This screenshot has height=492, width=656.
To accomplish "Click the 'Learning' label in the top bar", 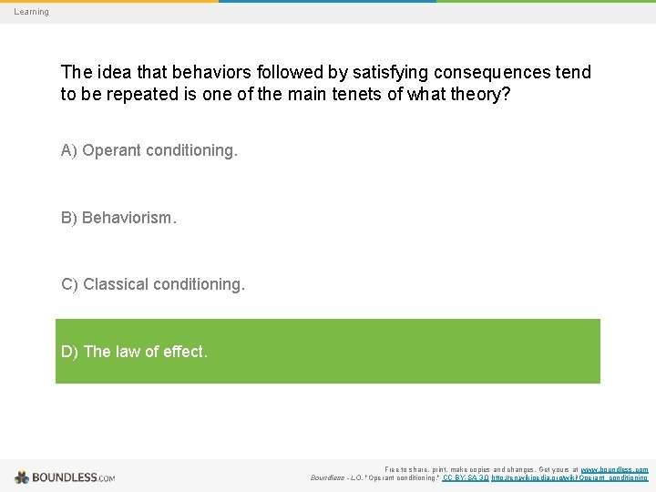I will [x=31, y=12].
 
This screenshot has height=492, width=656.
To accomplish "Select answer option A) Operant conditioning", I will [x=149, y=150].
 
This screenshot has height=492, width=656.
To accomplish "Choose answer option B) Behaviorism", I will [x=118, y=218].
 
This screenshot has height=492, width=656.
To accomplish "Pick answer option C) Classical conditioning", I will [x=152, y=284].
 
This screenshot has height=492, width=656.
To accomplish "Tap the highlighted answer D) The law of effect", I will [x=328, y=351].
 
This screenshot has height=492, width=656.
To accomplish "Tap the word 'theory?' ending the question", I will [x=477, y=95].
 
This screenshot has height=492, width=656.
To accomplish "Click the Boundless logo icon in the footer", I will [x=22, y=477].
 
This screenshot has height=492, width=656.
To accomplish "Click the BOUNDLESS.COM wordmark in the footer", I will [x=74, y=477].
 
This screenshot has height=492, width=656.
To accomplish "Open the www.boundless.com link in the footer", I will [x=615, y=468].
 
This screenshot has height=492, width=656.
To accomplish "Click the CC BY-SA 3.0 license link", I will [x=465, y=477].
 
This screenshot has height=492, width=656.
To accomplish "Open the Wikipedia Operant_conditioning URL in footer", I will [x=570, y=477].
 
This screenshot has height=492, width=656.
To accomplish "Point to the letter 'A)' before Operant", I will [x=69, y=150].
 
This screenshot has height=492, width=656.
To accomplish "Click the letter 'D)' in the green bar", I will [x=69, y=351].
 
